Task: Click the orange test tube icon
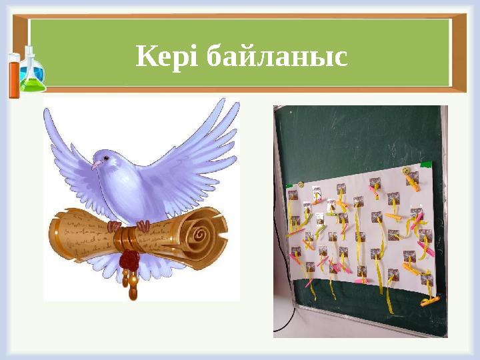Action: pyautogui.click(x=13, y=75)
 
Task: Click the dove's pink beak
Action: pyautogui.click(x=93, y=164)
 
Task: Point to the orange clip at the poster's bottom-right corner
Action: pyautogui.click(x=427, y=301)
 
